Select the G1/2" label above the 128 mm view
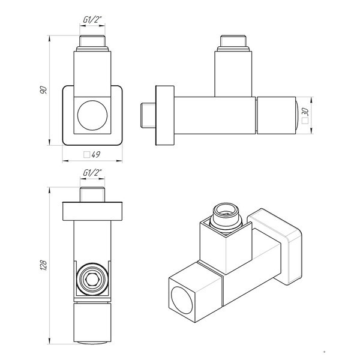pyautogui.click(x=92, y=174)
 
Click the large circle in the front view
pyautogui.click(x=92, y=113)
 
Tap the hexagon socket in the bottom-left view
pyautogui.click(x=92, y=278)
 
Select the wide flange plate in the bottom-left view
pyautogui.click(x=92, y=212)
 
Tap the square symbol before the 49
pyautogui.click(x=86, y=155)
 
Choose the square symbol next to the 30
pyautogui.click(x=305, y=120)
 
